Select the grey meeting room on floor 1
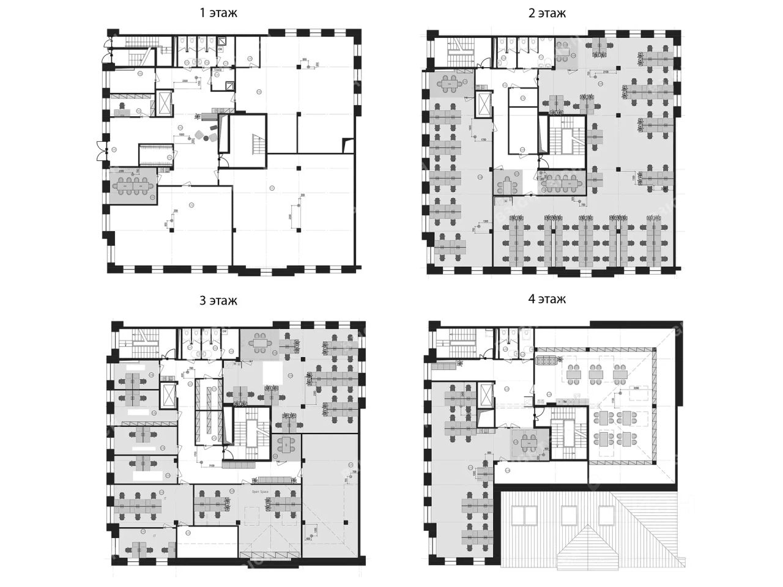[133, 185]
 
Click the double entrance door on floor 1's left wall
[98, 149]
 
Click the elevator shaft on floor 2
[484, 106]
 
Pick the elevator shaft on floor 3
[168, 395]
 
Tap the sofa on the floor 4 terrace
[549, 360]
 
